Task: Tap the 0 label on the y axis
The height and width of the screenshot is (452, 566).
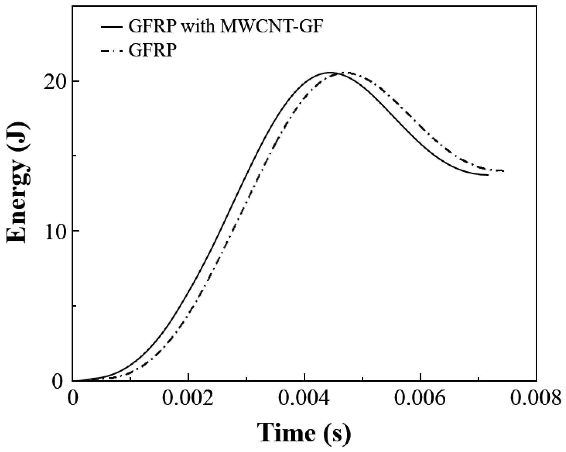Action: [59, 381]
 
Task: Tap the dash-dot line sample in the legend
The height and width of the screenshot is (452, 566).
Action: [112, 50]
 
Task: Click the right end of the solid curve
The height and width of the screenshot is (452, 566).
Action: [488, 175]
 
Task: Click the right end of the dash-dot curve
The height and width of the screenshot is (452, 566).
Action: [504, 171]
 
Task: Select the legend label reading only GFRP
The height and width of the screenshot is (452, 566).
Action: [152, 50]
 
